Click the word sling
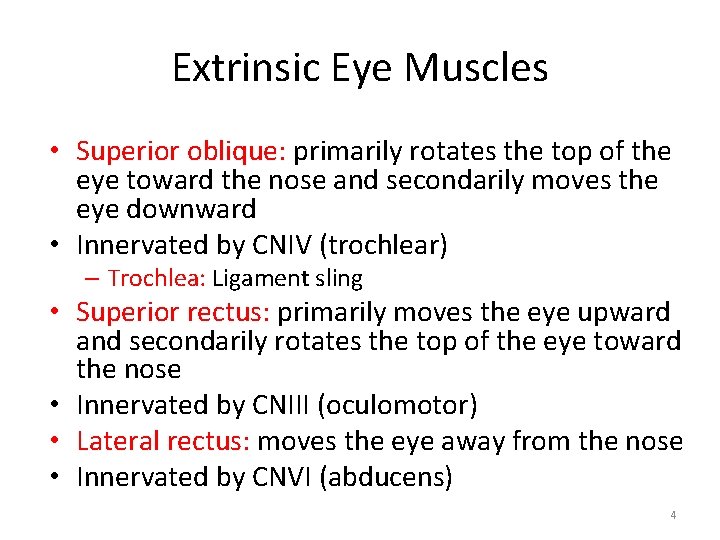click(x=339, y=278)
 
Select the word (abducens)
click(x=386, y=477)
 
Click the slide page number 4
click(x=673, y=515)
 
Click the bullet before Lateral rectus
click(x=59, y=441)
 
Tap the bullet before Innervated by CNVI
click(x=59, y=477)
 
